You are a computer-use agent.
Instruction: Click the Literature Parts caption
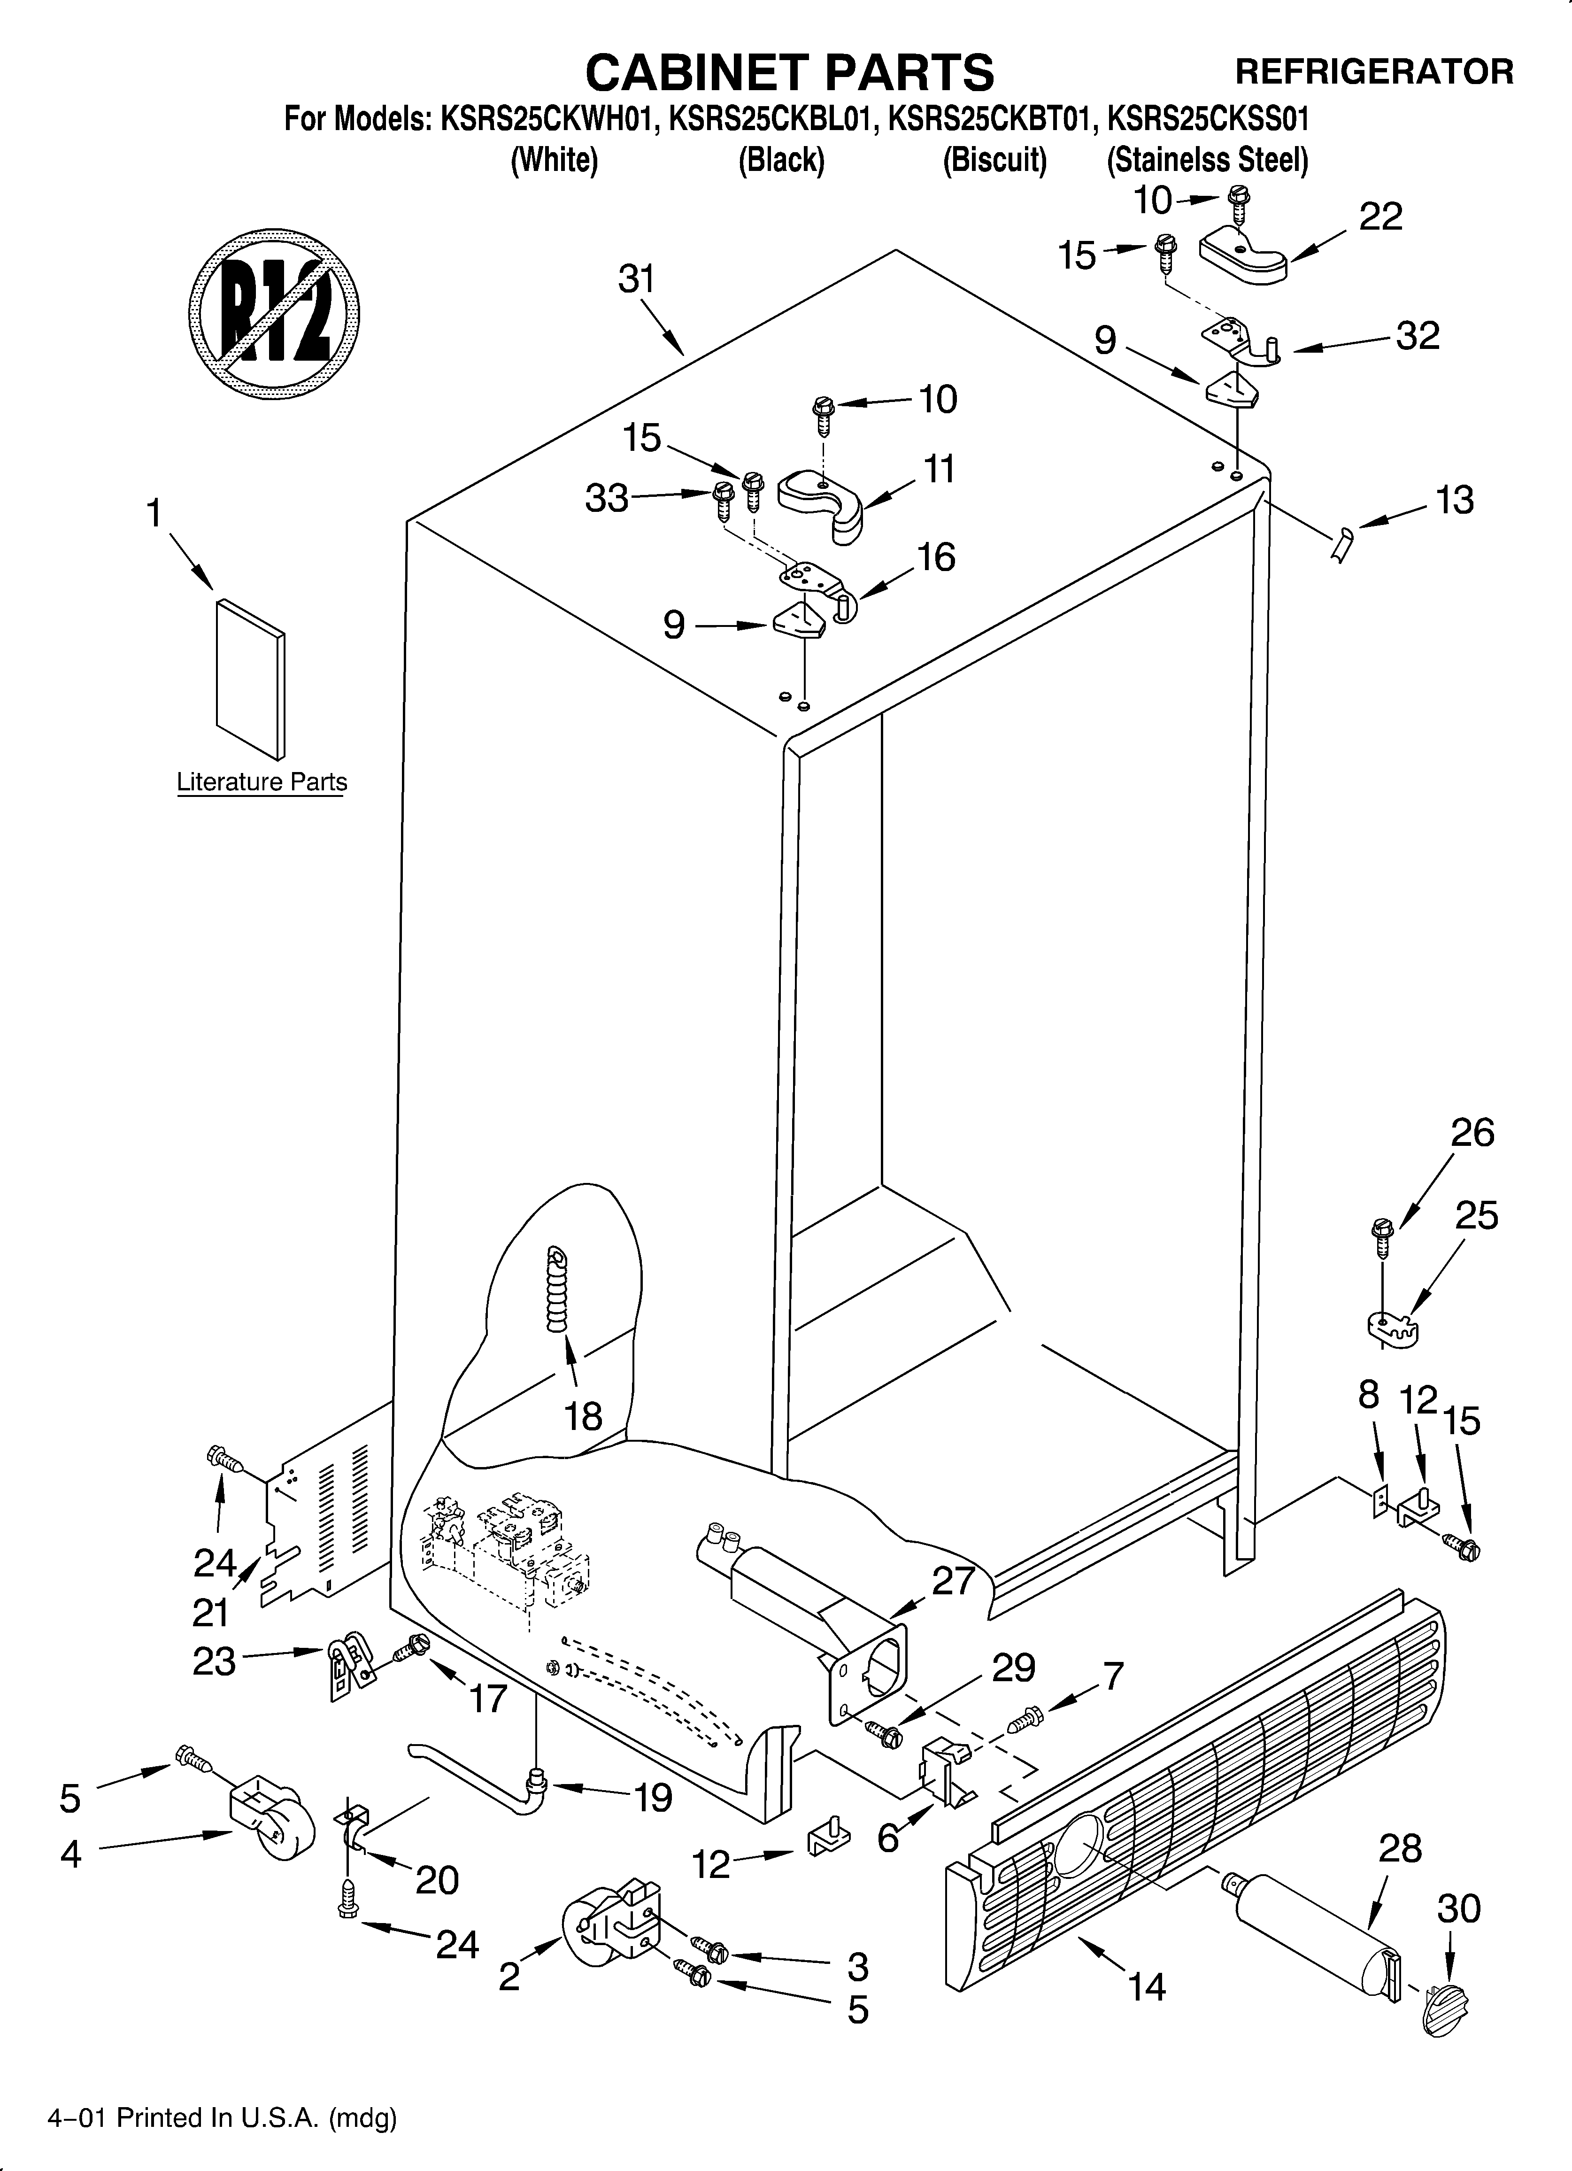click(262, 782)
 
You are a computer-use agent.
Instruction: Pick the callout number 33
click(607, 499)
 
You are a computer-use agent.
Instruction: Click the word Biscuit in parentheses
click(994, 160)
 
